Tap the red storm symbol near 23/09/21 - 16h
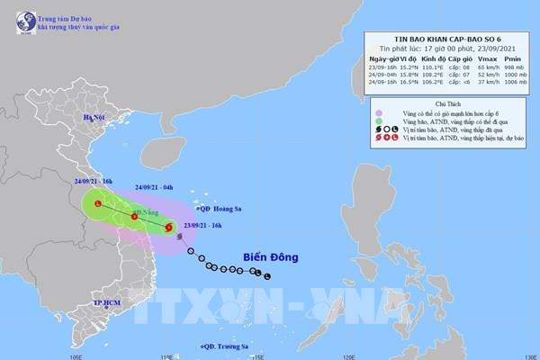(x=171, y=229)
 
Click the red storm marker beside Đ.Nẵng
(x=135, y=216)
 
